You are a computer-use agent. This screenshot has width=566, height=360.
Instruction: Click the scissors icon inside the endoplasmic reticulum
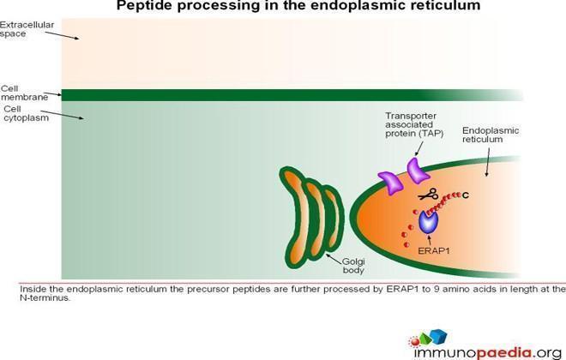(428, 194)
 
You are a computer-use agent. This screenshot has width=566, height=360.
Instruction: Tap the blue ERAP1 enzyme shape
(429, 222)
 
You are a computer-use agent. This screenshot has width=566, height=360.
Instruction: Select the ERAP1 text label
(434, 250)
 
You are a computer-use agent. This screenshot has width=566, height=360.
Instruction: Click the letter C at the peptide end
(466, 195)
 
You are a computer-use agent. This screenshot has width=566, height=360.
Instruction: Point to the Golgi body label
(353, 266)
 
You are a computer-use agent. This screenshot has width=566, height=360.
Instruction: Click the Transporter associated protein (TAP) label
(414, 124)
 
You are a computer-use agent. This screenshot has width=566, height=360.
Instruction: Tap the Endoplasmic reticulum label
(491, 135)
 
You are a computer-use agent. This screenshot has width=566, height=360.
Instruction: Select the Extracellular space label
(27, 29)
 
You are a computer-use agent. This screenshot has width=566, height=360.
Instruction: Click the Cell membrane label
(25, 93)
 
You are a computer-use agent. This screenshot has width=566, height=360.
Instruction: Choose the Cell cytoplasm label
(27, 113)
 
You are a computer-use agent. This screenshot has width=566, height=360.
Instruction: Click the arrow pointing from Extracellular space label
(62, 35)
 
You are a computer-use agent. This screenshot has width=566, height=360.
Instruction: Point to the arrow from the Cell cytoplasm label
(62, 115)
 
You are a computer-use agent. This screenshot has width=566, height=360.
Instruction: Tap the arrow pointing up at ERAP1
(429, 240)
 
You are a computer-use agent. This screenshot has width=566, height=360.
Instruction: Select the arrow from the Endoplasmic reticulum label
(488, 162)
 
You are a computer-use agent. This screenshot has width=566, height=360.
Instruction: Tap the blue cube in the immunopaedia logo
(438, 337)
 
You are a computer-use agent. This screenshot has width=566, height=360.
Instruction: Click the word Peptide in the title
(145, 5)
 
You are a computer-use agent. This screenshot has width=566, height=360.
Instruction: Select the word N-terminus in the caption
(44, 298)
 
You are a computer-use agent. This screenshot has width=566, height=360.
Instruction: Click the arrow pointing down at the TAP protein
(419, 148)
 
